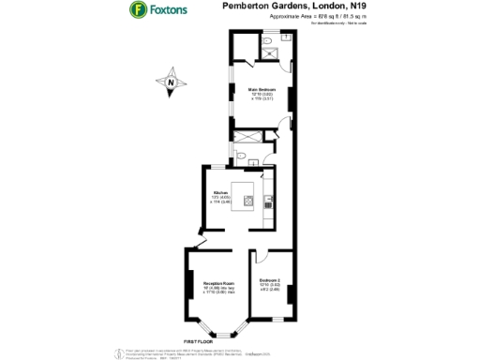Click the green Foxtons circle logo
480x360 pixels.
point(138,10)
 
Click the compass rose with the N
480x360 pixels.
point(171,83)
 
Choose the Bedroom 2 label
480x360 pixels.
point(271,284)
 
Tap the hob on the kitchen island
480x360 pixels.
point(248,199)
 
